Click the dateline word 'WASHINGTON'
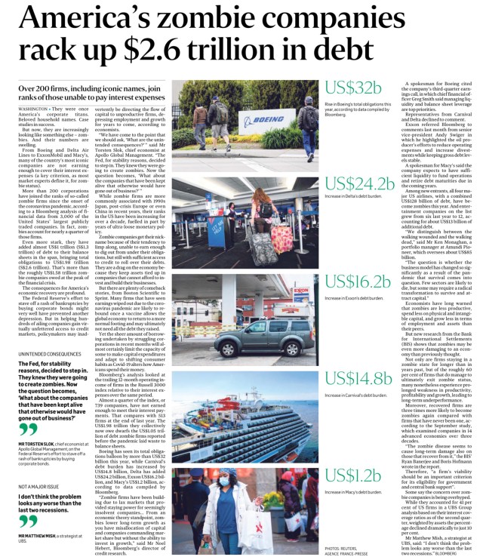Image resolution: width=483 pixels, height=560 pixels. (35, 109)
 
